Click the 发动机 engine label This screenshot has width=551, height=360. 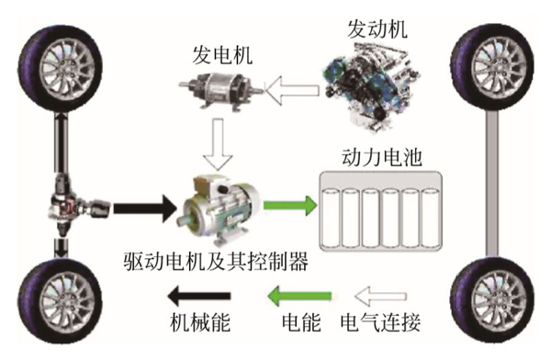377,28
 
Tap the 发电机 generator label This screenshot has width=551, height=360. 222,55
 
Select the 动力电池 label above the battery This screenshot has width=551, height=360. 382,157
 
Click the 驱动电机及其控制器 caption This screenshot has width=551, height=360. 217,261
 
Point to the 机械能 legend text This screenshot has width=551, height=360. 200,322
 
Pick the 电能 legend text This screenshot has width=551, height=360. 301,322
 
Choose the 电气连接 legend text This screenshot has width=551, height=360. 380,322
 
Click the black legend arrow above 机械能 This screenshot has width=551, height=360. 199,296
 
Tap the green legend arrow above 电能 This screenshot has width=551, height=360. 299,296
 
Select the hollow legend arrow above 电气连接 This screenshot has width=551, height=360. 381,296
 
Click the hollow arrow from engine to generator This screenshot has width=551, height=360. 292,90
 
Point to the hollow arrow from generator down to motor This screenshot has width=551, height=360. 219,144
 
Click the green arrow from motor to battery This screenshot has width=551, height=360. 290,206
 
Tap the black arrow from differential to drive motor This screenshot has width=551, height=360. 144,208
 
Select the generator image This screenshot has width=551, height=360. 221,89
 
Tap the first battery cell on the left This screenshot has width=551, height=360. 331,218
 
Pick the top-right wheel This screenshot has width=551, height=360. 492,68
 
